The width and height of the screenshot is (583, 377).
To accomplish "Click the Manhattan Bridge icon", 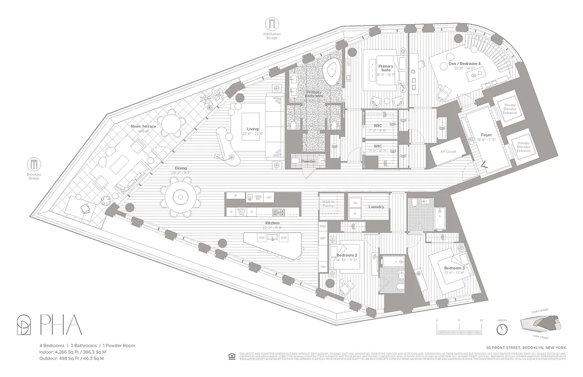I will [272, 25].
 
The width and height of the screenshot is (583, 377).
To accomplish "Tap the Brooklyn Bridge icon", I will [33, 164].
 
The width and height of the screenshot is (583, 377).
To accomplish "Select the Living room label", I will [253, 129].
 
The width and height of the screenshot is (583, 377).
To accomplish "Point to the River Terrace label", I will [144, 127].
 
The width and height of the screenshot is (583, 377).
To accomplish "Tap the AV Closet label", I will [449, 151].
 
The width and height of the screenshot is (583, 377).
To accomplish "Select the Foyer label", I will [486, 135].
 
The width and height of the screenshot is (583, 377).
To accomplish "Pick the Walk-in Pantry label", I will [328, 204].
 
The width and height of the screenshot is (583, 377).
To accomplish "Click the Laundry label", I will [376, 207].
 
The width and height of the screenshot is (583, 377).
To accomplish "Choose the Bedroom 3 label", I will [454, 269].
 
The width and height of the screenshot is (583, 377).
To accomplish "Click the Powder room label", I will [308, 161].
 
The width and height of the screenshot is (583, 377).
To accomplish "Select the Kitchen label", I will [272, 223].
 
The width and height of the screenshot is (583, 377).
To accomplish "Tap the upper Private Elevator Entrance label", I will [510, 109].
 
